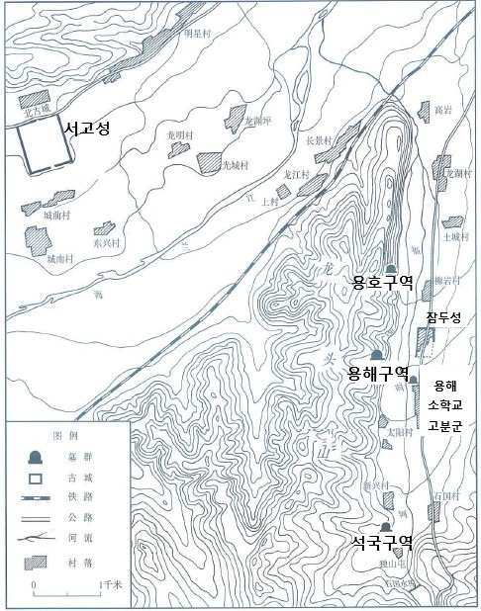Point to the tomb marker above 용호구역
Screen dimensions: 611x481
[392, 269]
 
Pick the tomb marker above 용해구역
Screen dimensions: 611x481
[377, 356]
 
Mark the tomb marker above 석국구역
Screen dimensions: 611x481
[384, 525]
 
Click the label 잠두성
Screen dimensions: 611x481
[443, 317]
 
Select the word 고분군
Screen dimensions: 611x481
[446, 426]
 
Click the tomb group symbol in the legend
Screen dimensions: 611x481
[37, 456]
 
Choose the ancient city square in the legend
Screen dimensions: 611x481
[37, 479]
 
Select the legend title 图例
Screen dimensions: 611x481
[64, 435]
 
